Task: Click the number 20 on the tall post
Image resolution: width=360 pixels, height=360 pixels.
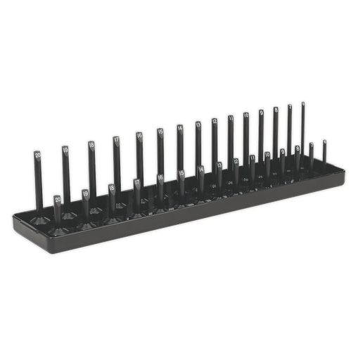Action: pos(37,154)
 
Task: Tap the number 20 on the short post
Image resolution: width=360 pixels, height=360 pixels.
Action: pos(58,200)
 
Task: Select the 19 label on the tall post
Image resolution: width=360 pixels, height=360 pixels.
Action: pos(65,150)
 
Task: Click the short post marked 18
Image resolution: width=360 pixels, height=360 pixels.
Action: pos(112,188)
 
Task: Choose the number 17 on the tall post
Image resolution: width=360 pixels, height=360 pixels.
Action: pos(115,141)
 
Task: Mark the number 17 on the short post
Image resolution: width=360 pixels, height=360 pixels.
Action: pos(137,182)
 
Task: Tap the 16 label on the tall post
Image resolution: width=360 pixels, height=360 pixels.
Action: pos(139,136)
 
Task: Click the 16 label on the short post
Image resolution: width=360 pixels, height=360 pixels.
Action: pos(160,177)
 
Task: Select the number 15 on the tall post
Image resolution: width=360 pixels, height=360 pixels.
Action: pos(160,131)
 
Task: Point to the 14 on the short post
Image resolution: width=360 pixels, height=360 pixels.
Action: pos(201,169)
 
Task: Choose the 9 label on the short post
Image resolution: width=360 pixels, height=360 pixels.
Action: pos(283,152)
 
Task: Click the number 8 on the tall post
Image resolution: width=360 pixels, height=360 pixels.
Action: pos(276,110)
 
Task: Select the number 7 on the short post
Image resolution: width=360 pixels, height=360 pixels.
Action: pos(311,146)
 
